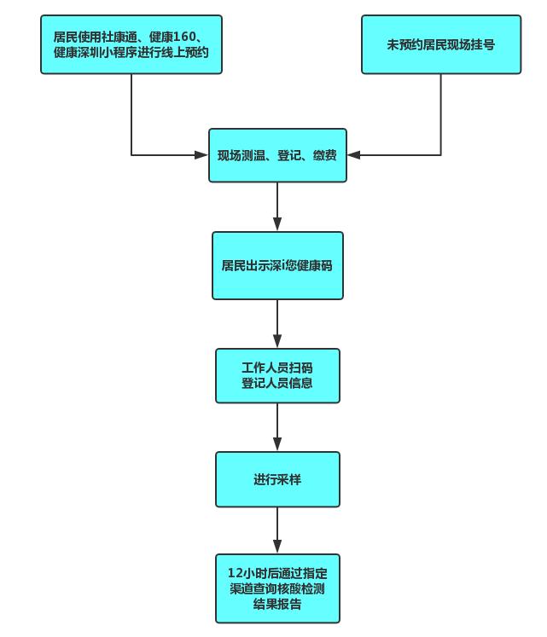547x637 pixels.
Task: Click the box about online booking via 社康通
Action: pos(131,44)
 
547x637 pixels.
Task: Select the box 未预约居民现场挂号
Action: pos(440,44)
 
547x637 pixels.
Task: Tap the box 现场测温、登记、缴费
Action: pos(277,155)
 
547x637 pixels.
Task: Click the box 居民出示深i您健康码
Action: pos(277,265)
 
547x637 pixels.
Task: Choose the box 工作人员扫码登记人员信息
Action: pos(277,375)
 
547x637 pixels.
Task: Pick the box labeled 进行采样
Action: pos(277,479)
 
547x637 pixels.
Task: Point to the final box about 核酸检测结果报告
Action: pos(277,588)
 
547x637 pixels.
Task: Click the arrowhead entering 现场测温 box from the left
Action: pos(201,155)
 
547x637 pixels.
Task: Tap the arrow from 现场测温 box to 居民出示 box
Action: pos(277,207)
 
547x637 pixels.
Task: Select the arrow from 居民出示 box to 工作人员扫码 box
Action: pos(277,324)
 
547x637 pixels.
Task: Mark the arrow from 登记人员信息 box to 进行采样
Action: pos(277,427)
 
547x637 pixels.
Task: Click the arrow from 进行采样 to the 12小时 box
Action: pos(277,530)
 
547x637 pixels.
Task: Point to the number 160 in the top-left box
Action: pos(186,37)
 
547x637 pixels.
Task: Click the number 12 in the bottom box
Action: pos(235,572)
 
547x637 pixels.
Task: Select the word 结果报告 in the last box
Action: pos(277,605)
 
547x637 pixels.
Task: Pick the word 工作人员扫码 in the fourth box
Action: pos(277,368)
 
